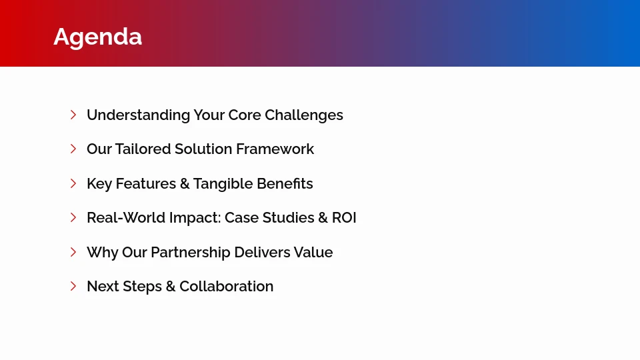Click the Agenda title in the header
(x=97, y=37)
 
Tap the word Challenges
(x=304, y=115)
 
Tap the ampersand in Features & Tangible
(x=185, y=184)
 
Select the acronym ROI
(x=344, y=218)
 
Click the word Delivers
(x=262, y=253)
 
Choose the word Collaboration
(x=226, y=287)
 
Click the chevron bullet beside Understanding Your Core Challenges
(x=73, y=115)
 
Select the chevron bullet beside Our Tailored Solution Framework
(x=73, y=149)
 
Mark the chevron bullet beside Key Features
(x=73, y=183)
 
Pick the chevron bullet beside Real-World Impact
(x=73, y=217)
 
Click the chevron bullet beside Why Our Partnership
(x=73, y=252)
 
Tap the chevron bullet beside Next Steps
(x=73, y=286)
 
